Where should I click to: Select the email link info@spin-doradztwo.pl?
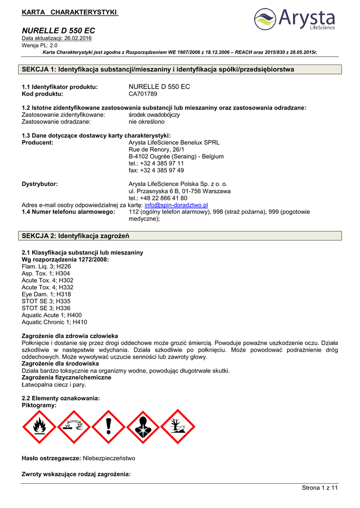click(x=176, y=205)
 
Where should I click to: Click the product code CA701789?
click(x=143, y=93)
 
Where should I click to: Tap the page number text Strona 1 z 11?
click(x=319, y=488)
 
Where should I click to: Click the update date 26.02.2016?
click(x=77, y=38)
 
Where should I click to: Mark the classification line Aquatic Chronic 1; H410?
click(x=54, y=322)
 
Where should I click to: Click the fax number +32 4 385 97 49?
click(x=156, y=170)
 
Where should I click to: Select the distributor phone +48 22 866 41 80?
click(x=158, y=198)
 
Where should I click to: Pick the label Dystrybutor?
click(x=40, y=184)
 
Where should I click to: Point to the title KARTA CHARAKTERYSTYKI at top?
click(x=70, y=11)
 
